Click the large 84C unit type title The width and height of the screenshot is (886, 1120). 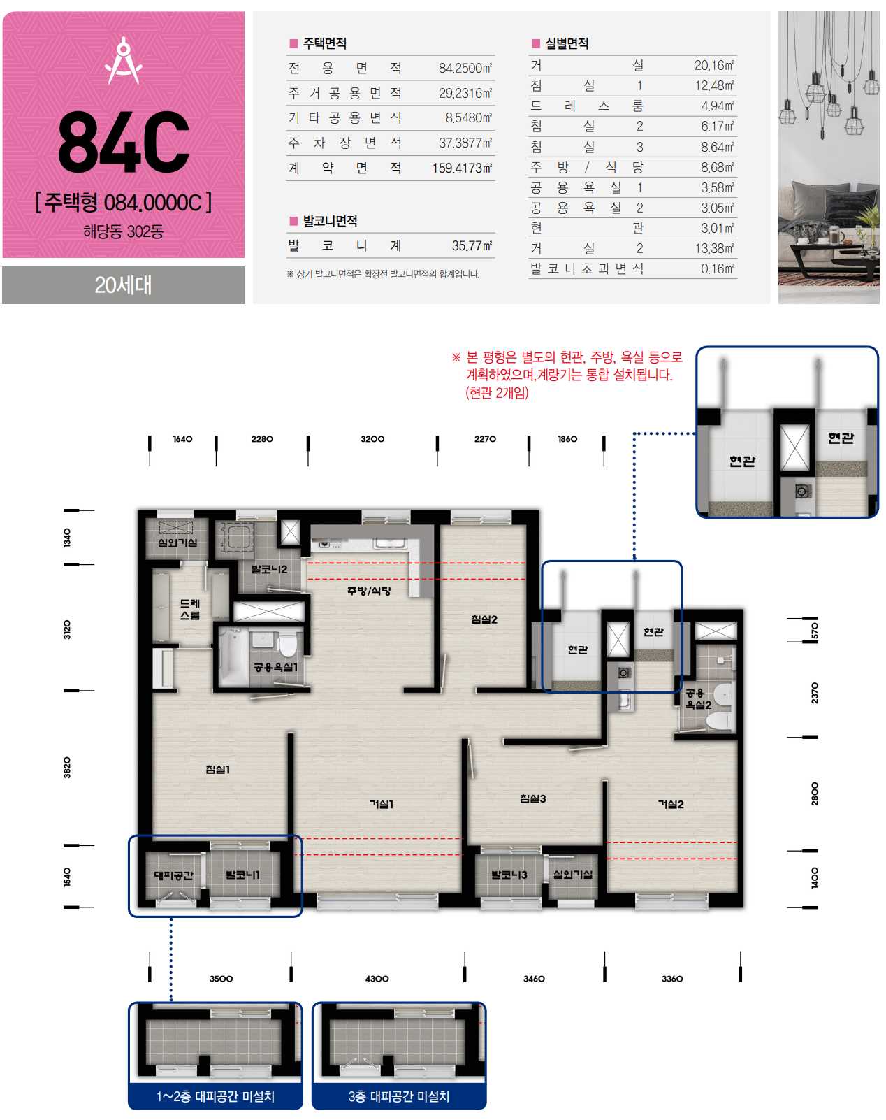123,141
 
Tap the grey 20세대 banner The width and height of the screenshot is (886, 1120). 123,285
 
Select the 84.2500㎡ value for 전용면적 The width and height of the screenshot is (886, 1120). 465,69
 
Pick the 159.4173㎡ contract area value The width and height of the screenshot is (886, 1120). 462,168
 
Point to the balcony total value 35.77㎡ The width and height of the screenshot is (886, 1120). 472,245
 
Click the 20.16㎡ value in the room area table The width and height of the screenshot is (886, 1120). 714,66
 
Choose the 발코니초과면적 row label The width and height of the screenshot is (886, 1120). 587,268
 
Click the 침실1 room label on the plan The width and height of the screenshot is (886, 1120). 217,769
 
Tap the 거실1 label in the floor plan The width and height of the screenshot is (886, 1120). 382,804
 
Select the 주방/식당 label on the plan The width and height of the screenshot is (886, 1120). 369,591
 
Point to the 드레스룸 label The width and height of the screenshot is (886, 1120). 190,610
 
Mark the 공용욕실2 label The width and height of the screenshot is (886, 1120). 697,699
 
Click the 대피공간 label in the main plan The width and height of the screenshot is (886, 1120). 174,875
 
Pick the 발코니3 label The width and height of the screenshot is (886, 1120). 509,875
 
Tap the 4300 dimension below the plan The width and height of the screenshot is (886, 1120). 377,979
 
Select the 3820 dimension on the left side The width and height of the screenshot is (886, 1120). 67,768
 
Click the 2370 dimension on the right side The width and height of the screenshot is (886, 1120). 815,693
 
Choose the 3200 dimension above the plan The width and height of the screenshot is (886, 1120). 372,439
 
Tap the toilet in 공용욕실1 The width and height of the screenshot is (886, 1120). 286,645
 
